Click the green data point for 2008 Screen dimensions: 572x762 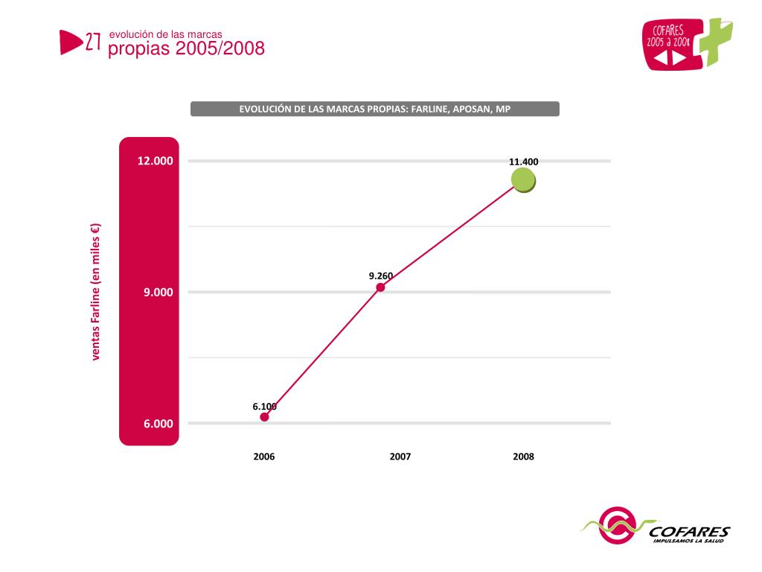pos(523,179)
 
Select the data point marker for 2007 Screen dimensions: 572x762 pos(380,287)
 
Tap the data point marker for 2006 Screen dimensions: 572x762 pos(264,416)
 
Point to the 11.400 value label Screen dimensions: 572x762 pos(523,162)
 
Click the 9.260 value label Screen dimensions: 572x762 pos(380,276)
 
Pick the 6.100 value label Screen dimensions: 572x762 pos(264,406)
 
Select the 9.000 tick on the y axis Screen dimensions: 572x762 pos(159,292)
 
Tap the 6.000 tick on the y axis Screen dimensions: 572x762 pos(159,424)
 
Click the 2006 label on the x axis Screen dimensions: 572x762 pos(264,457)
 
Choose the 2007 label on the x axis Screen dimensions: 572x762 pos(400,457)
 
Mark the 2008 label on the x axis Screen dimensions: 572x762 pos(523,457)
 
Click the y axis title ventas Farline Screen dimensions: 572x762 pos(96,292)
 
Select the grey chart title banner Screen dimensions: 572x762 pos(374,109)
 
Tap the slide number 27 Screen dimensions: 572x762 pos(94,42)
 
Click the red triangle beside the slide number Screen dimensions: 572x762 pos(70,42)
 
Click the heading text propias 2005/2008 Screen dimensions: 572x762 pos(186,49)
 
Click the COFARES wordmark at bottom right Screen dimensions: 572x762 pos(689,532)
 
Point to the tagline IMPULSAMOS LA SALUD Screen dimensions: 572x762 pos(688,541)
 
